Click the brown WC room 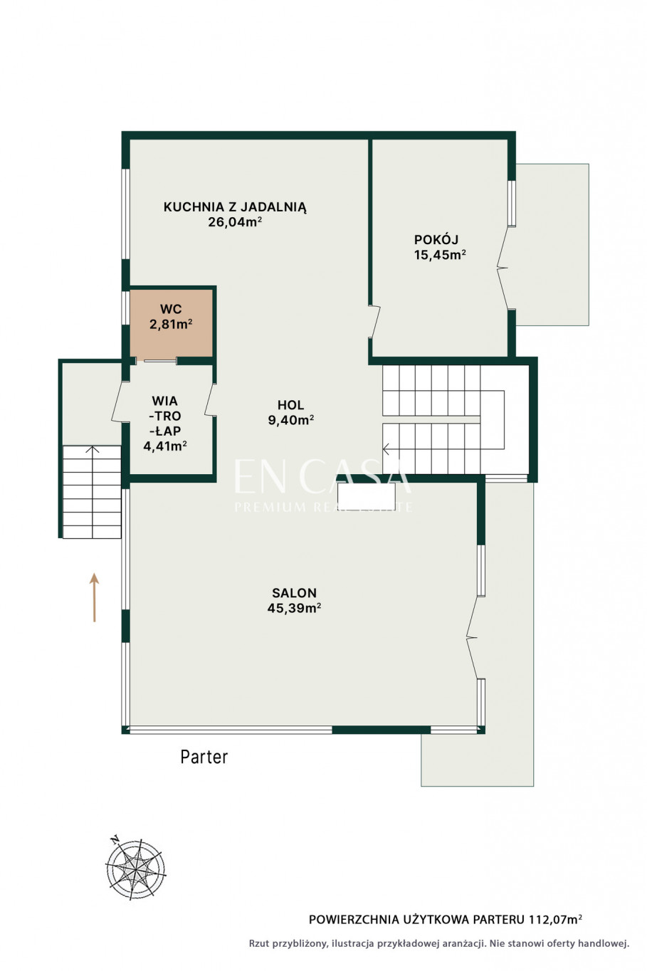point(171,323)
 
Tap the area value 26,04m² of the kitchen point(235,222)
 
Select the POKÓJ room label point(436,239)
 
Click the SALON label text point(294,592)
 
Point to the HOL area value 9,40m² point(291,419)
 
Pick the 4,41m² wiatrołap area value point(165,446)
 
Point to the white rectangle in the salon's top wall point(366,495)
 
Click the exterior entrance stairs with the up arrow point(92,492)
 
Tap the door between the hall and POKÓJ point(374,322)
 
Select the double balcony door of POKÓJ point(503,268)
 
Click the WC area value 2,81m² point(171,324)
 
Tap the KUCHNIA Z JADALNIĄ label point(235,206)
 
